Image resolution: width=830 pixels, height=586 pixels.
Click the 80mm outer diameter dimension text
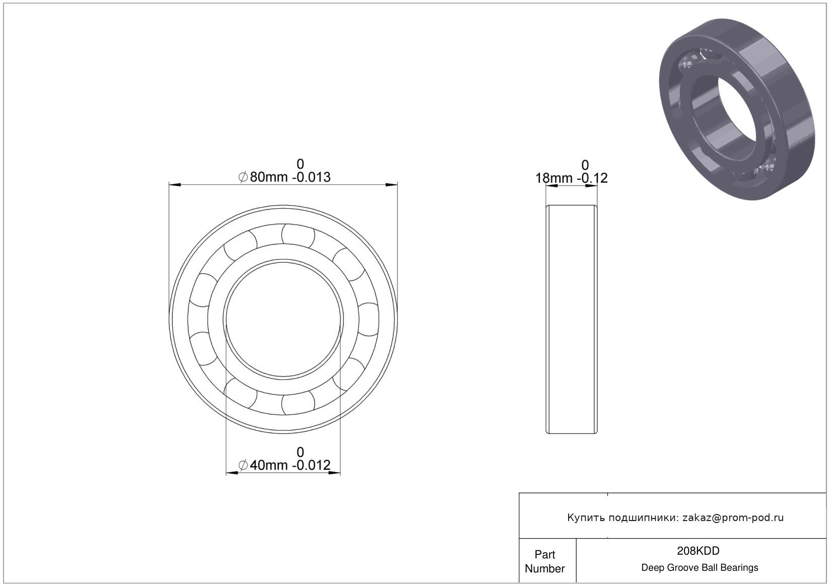point(269,177)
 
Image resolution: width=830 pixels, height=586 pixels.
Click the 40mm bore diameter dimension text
point(268,465)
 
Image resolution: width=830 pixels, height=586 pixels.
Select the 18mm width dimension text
point(554,178)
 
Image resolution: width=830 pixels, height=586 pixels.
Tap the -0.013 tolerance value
point(311,177)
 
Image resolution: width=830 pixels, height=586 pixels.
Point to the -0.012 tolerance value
point(311,465)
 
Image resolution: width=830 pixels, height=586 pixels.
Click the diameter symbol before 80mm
point(243,177)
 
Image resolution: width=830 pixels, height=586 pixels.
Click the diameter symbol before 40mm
point(243,465)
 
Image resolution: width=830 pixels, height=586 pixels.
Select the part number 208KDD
point(698,551)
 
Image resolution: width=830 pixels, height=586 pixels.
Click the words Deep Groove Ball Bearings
point(700,567)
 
